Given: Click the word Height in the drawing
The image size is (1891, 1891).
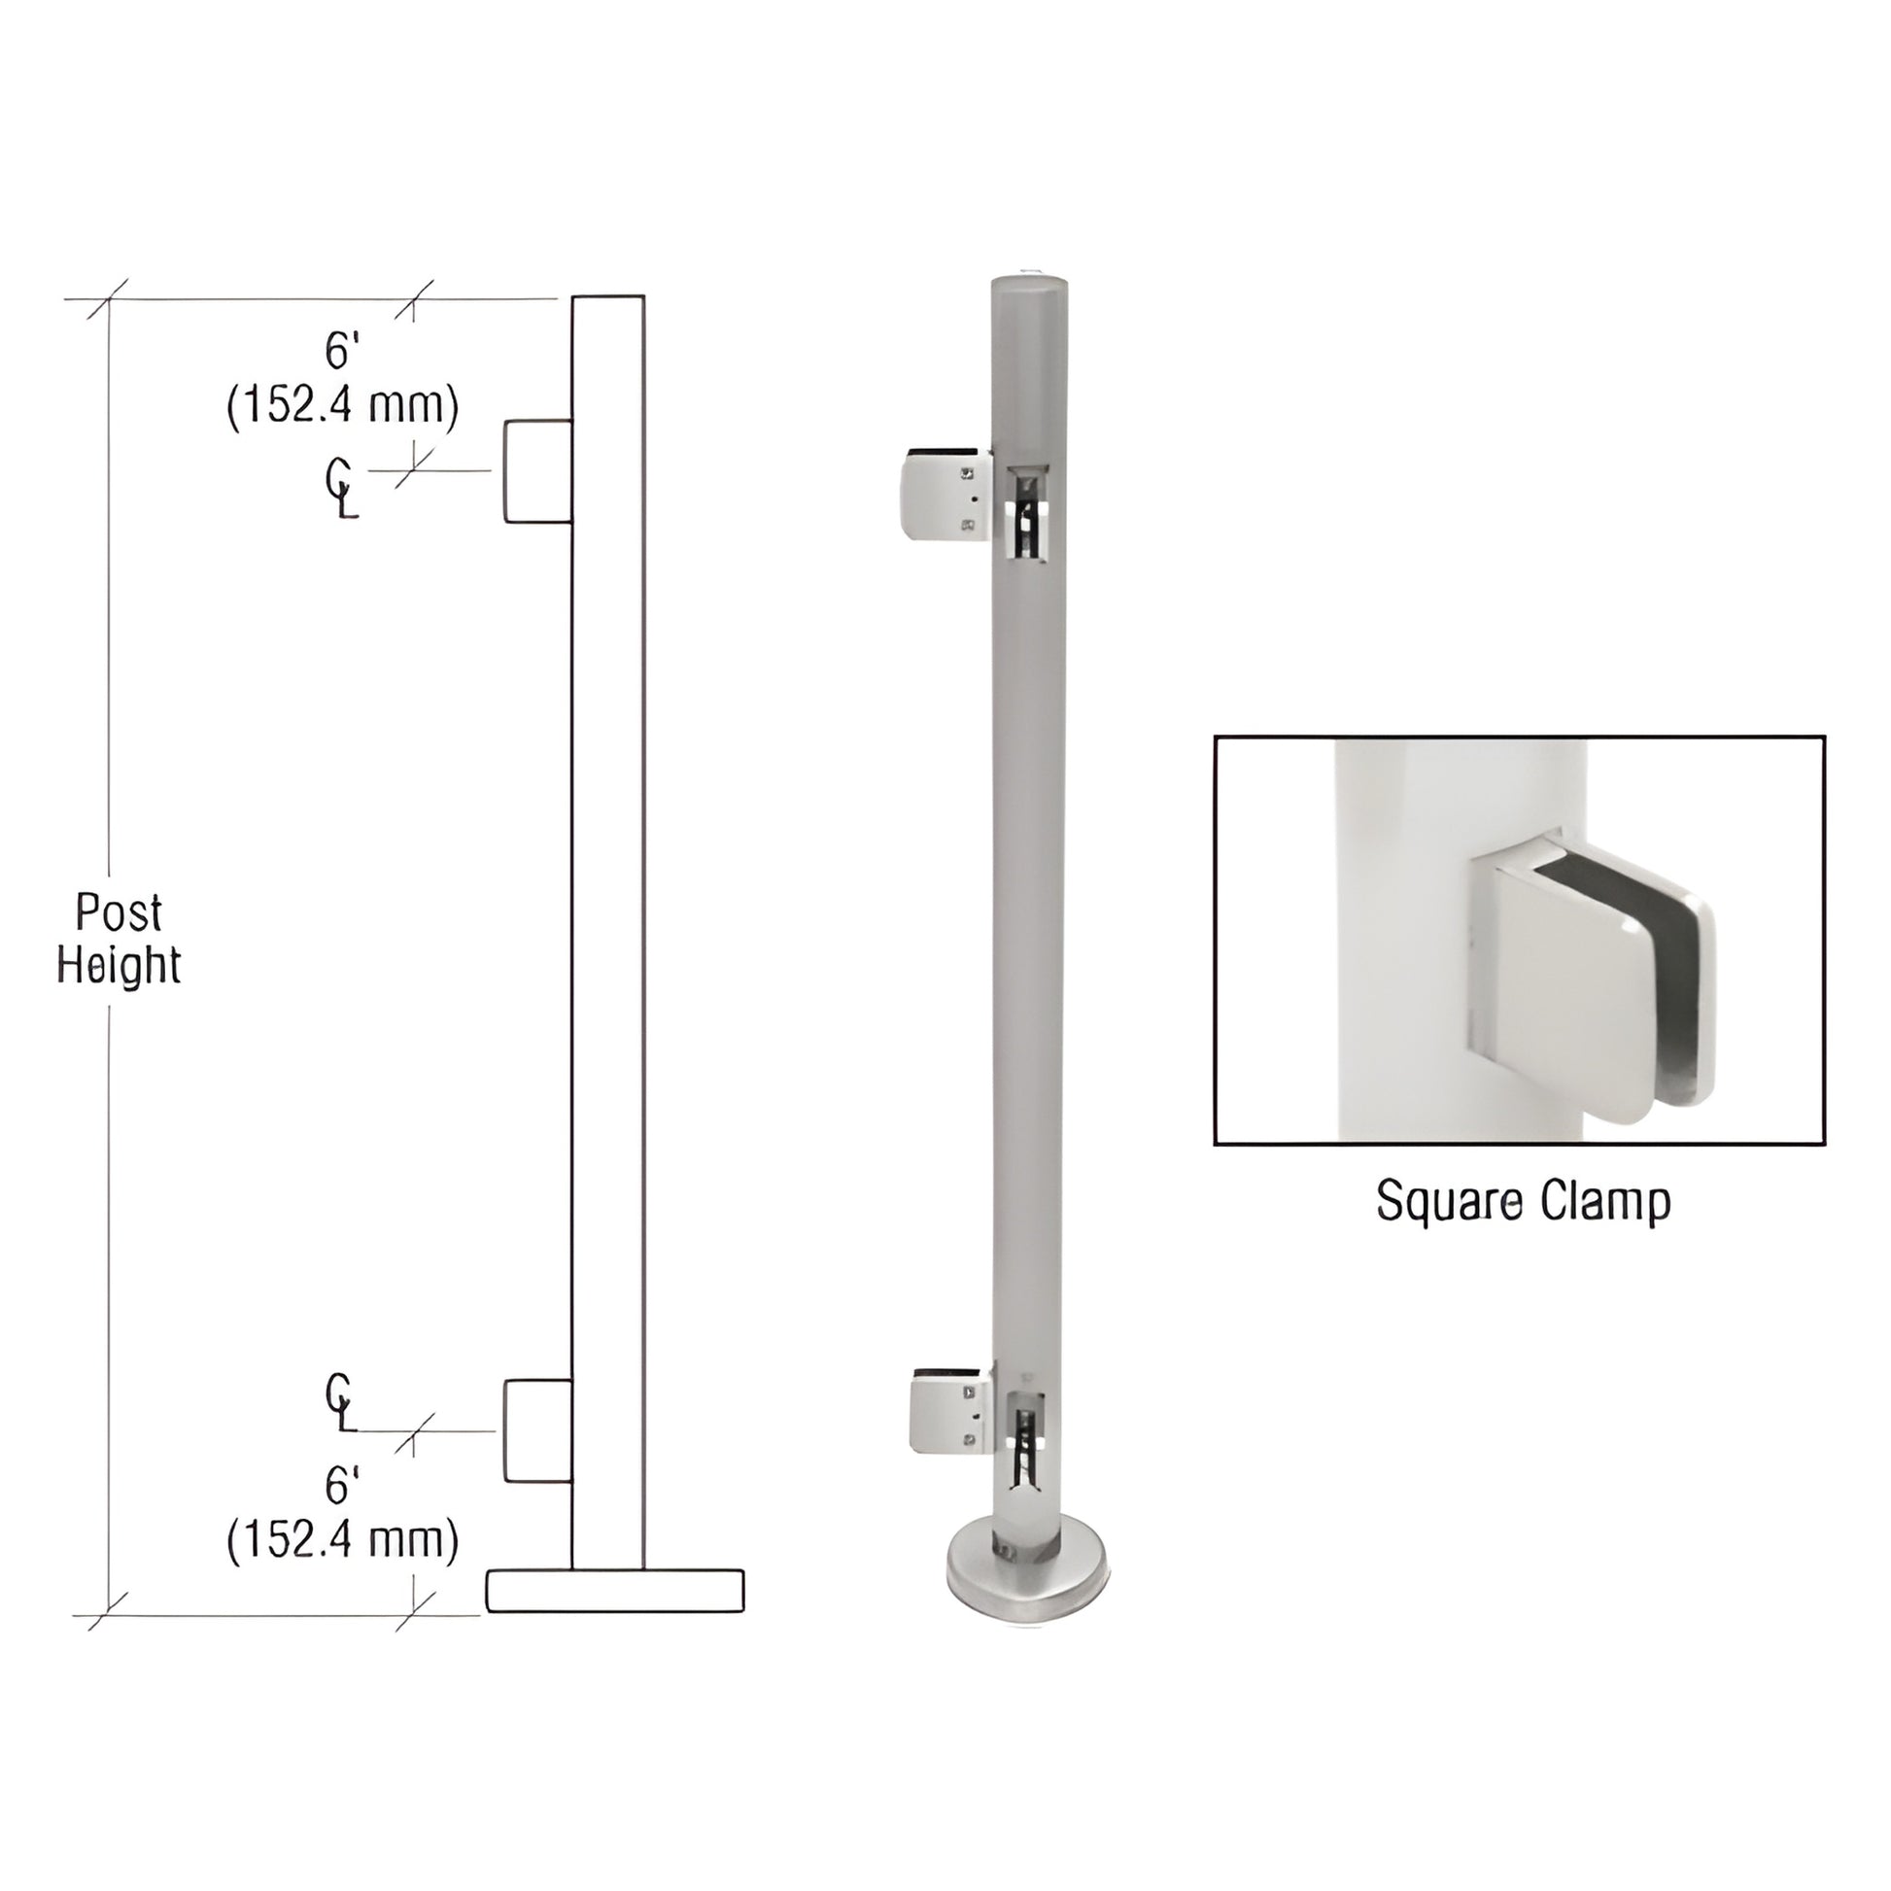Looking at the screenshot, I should point(119,965).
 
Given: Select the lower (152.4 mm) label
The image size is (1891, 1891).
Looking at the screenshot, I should point(343,1539).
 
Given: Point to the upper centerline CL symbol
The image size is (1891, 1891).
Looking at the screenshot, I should point(340,489).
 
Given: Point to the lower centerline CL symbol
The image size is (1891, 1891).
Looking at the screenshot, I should point(340,1401).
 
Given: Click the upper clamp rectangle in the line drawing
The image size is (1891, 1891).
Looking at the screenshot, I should point(537,471).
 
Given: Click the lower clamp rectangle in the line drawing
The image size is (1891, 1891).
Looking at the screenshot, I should point(537,1430).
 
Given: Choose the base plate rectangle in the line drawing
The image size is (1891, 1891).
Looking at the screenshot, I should point(615,1591).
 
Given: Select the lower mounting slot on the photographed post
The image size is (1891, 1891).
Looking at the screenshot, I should point(1024,1438).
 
